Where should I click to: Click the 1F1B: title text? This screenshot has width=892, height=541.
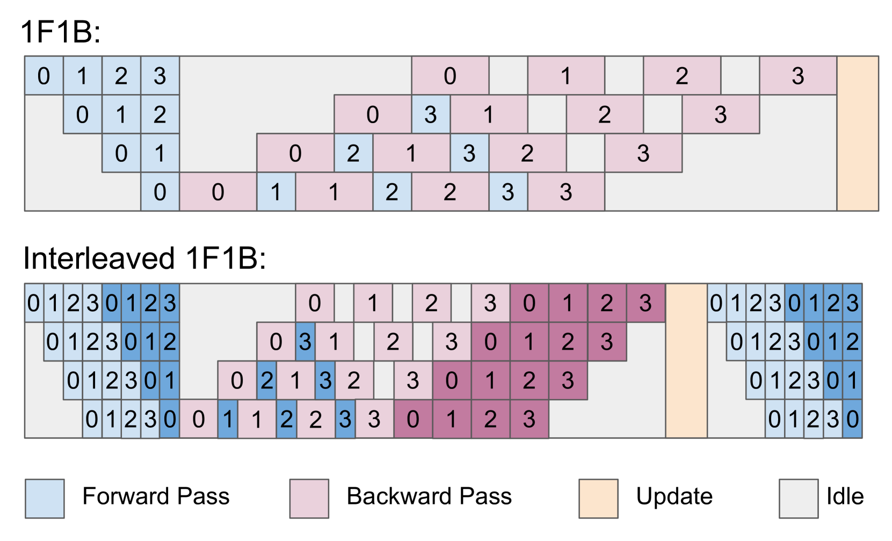(x=61, y=32)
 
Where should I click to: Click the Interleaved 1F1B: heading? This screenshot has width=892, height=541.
(x=144, y=258)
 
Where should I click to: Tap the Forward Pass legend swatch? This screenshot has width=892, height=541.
(x=45, y=499)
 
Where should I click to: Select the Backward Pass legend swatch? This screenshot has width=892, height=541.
(x=309, y=499)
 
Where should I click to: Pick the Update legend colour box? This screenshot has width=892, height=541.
(x=598, y=499)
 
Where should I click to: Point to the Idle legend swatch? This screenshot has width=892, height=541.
(x=799, y=499)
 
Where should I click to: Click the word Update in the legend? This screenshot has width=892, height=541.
(x=674, y=496)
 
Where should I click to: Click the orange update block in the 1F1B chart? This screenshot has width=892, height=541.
(x=857, y=133)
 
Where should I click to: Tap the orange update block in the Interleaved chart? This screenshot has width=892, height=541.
(x=686, y=360)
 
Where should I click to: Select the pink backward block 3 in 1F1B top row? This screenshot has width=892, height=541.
(x=798, y=76)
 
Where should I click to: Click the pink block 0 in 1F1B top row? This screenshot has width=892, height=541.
(x=450, y=76)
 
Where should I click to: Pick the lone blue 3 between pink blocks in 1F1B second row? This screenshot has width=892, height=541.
(x=431, y=114)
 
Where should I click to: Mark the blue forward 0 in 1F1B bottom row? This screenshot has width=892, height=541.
(x=160, y=192)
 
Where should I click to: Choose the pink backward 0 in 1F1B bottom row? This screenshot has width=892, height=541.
(x=217, y=192)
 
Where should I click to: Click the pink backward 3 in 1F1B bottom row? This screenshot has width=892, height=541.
(x=566, y=192)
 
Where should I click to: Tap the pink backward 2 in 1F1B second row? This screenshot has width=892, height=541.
(x=605, y=114)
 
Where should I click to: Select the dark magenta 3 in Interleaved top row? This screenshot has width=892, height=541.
(x=646, y=303)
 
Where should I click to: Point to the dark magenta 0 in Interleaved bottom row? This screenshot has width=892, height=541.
(x=413, y=419)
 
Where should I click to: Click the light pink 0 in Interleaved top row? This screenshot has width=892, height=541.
(x=315, y=303)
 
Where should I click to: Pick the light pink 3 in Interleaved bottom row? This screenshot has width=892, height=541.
(x=374, y=419)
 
